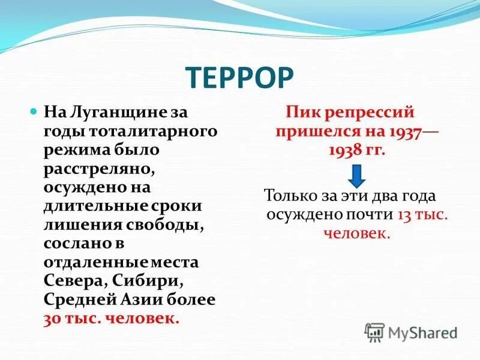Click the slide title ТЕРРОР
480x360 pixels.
point(239,79)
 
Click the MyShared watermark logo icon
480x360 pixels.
point(374,331)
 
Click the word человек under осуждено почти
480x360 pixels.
point(357,233)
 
